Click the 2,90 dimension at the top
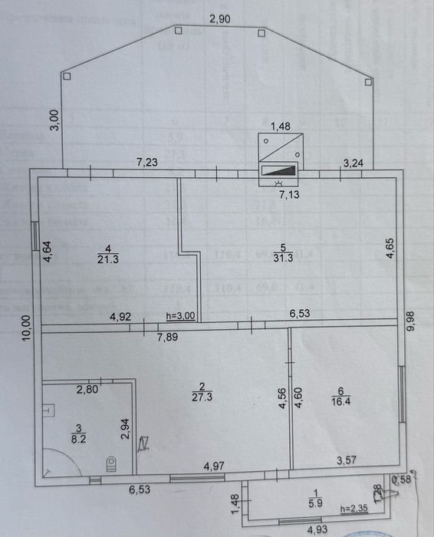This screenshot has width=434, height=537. coord(220,19)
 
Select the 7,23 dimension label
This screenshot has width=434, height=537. coord(149,162)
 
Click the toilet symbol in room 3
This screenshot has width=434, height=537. coord(110,463)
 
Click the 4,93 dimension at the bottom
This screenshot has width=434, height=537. coord(319,529)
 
